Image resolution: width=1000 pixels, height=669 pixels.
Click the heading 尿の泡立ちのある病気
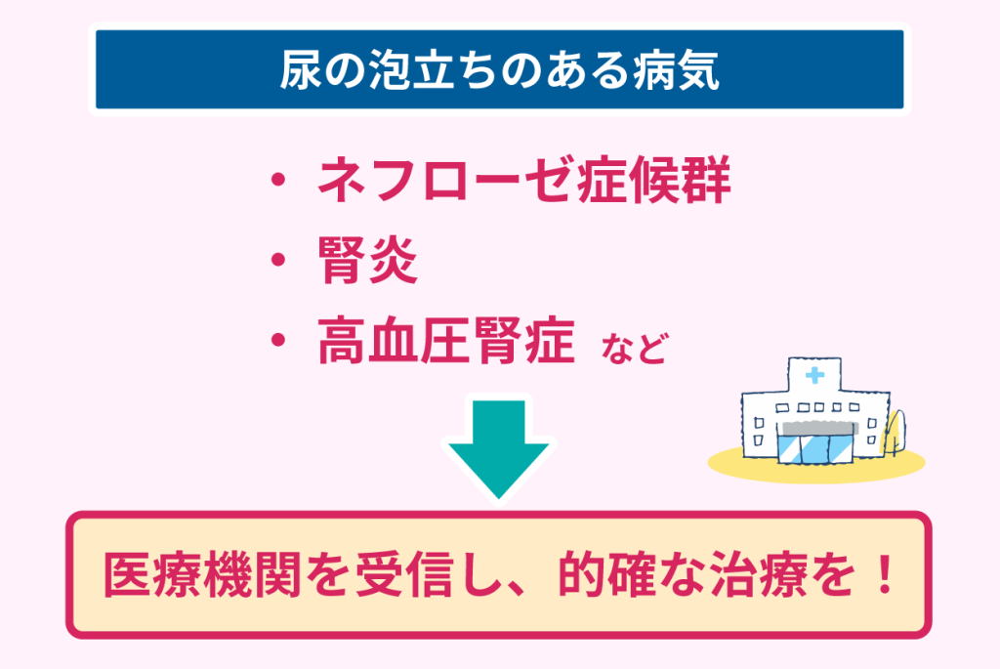tap(499, 69)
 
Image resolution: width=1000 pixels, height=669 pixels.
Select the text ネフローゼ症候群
tap(523, 179)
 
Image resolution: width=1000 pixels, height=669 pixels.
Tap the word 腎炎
tap(367, 260)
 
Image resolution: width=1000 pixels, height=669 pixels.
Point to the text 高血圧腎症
tap(445, 340)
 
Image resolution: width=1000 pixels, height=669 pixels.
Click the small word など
tap(634, 348)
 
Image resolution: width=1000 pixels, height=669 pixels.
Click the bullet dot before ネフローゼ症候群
tap(277, 179)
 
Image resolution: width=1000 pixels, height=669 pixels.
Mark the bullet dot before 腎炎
tap(277, 260)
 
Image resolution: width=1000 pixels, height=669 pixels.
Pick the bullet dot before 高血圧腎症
tap(277, 339)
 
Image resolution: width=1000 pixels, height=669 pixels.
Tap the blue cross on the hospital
tap(814, 375)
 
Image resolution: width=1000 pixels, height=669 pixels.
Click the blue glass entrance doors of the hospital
tap(815, 449)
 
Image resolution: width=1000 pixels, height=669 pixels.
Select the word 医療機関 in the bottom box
tap(202, 575)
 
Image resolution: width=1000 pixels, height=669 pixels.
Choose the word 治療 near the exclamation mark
tap(757, 575)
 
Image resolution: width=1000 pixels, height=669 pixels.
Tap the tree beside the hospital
tap(895, 433)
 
